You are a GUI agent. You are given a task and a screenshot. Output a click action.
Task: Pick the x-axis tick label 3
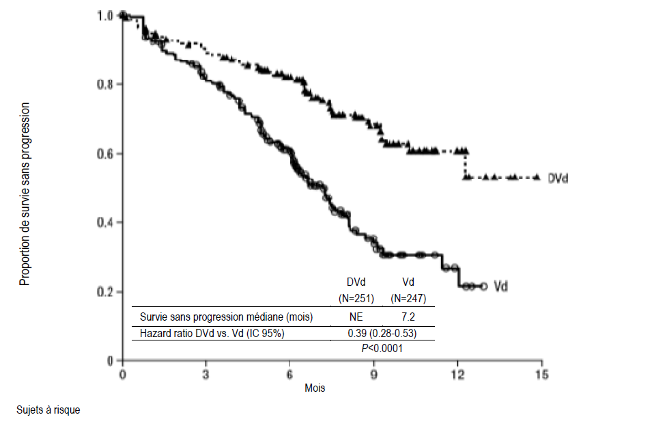(206, 375)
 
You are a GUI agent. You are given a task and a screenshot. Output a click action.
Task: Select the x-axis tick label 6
(289, 375)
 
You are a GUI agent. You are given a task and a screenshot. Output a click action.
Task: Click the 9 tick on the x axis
(373, 375)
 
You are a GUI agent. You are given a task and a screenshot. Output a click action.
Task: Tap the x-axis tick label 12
(457, 375)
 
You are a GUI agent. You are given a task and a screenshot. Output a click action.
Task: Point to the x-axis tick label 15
(541, 375)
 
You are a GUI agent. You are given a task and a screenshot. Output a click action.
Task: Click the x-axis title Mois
(315, 388)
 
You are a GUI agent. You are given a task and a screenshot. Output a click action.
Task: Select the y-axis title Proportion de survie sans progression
(25, 194)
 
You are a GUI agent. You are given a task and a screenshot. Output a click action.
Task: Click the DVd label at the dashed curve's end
(558, 178)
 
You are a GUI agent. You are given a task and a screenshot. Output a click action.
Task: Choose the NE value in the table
(356, 317)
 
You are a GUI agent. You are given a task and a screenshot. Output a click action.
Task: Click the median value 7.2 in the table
(407, 317)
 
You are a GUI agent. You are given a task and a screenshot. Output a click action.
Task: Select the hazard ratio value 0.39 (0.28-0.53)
(382, 333)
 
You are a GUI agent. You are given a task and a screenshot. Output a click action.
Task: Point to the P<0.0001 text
(382, 348)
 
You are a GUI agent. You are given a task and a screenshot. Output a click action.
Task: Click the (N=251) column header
(356, 298)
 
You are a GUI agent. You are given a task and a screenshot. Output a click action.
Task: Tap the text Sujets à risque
(48, 410)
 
